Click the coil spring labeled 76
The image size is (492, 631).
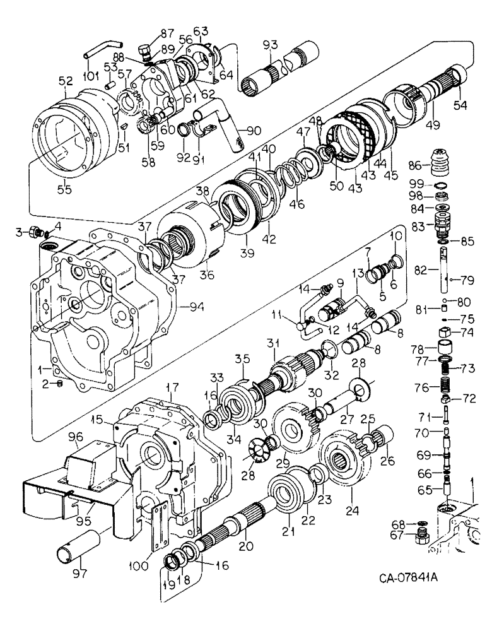click(445, 385)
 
